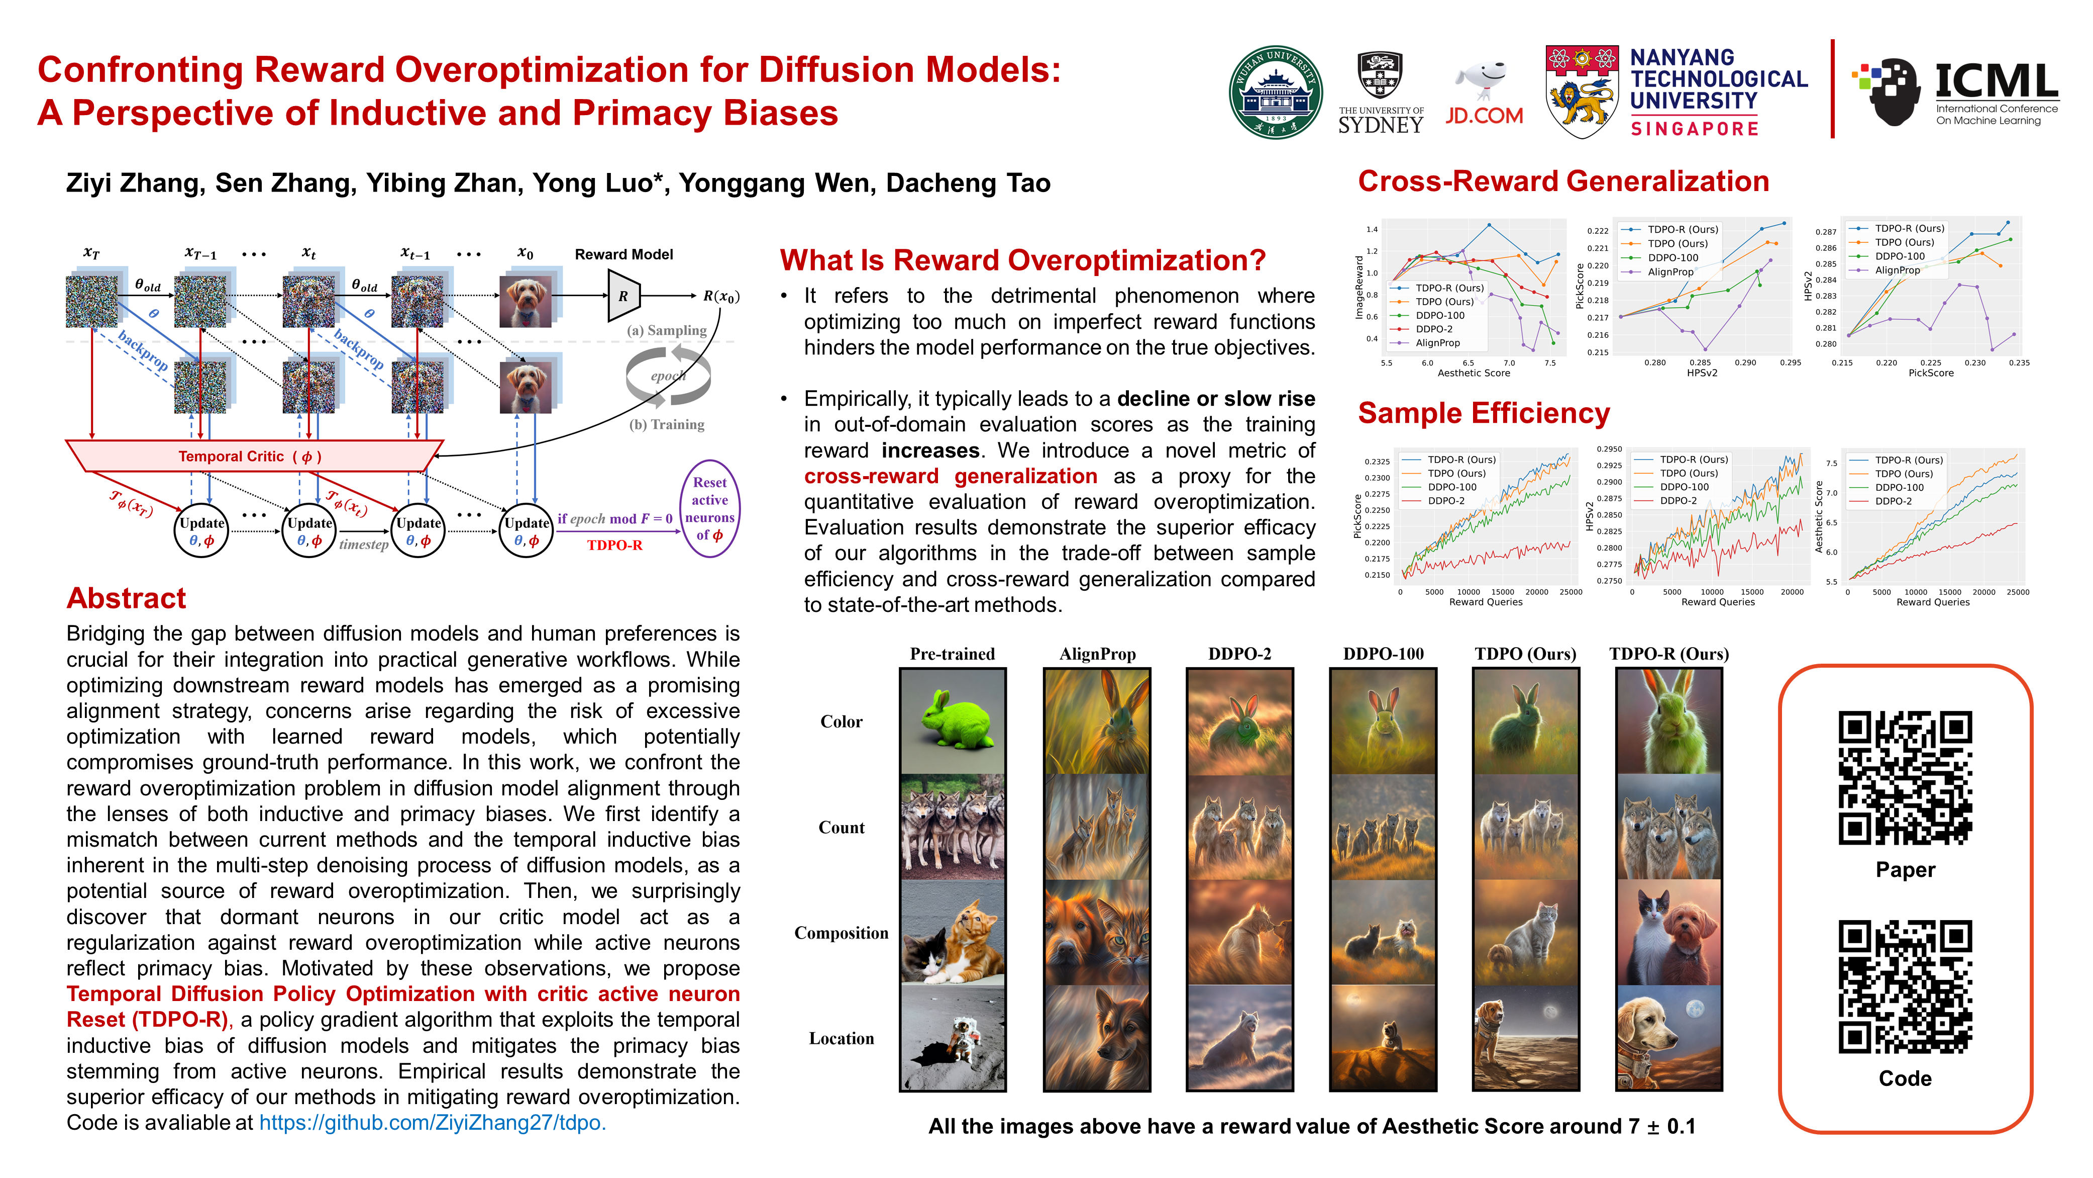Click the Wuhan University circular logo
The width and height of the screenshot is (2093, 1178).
pos(1276,92)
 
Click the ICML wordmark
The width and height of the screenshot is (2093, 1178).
pos(1997,81)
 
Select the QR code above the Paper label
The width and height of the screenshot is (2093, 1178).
pos(1905,778)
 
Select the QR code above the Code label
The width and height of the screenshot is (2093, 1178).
pos(1905,987)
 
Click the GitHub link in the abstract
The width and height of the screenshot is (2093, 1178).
pos(432,1123)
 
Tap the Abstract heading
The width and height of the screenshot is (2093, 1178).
pos(126,598)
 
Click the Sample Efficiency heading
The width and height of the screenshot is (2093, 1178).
pos(1484,413)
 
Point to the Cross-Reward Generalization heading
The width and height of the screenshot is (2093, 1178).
pos(1563,182)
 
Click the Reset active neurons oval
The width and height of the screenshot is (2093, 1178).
pos(709,508)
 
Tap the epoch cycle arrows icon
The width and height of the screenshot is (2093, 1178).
pos(668,376)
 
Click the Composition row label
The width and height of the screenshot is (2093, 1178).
pos(841,933)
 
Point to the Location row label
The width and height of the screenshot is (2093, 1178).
pos(841,1038)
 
